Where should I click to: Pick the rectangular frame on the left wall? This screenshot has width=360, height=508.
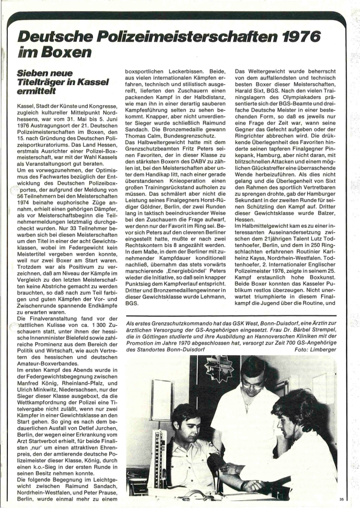click(162, 399)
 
